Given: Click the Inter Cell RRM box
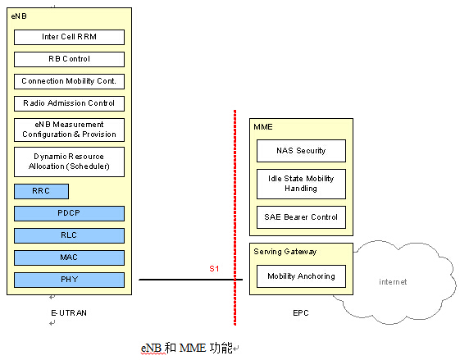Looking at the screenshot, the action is click(69, 37).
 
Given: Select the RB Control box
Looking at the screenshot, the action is click(69, 59).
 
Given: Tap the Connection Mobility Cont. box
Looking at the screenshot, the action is click(69, 81).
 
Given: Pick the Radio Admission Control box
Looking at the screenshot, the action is click(69, 103).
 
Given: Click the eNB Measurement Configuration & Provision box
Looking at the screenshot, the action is click(69, 130).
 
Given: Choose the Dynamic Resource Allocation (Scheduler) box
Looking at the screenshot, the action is click(69, 162).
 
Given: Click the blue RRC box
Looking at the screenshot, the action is click(41, 191).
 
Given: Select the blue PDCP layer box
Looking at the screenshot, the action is click(69, 213).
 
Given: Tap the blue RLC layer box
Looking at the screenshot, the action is click(69, 235).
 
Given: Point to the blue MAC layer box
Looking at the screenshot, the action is click(69, 257).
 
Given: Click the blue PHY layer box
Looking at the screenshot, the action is click(69, 280).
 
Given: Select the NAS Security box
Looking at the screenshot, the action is click(301, 151).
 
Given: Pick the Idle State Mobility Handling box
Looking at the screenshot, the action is click(301, 184).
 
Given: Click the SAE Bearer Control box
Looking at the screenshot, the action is click(301, 217).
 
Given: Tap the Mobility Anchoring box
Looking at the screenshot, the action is click(301, 276).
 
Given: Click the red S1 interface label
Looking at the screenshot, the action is click(214, 268).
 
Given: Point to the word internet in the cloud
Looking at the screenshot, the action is click(393, 282).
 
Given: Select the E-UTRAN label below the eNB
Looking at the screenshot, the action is click(69, 313).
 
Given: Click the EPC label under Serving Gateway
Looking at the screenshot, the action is click(301, 313).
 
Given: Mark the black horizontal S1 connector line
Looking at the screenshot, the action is click(191, 280).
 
